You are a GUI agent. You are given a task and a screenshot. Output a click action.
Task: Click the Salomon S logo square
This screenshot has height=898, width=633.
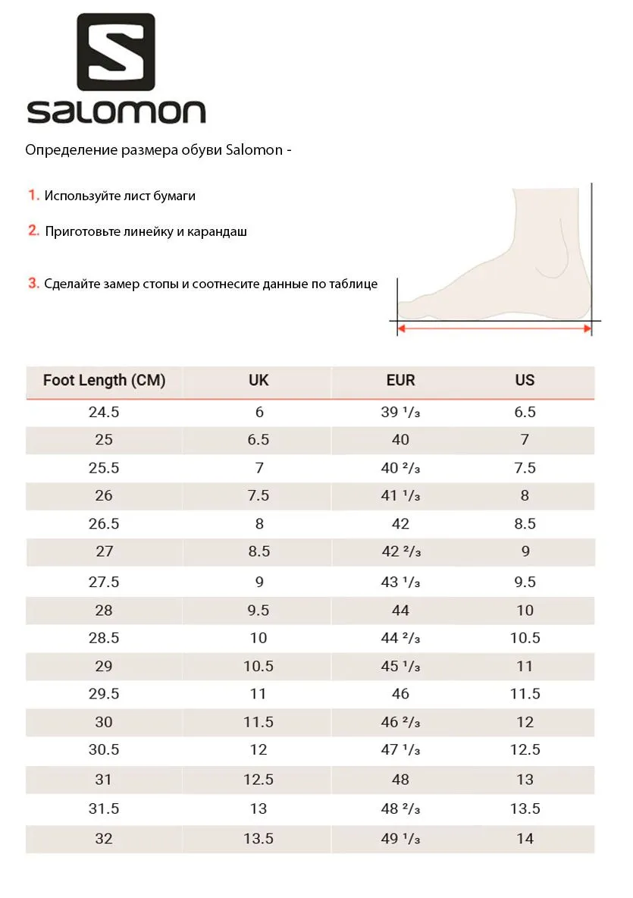[x=116, y=52]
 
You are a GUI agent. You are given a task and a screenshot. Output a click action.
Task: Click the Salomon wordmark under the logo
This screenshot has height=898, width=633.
[x=116, y=112]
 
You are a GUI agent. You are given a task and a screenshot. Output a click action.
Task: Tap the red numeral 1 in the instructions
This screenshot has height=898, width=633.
[x=34, y=195]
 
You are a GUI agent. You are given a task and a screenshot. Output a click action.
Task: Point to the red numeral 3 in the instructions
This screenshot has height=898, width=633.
[x=34, y=283]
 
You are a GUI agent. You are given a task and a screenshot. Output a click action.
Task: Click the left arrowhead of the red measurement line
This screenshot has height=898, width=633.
[x=402, y=328]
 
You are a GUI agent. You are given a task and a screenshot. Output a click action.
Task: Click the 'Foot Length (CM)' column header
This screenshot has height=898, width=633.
[x=104, y=380]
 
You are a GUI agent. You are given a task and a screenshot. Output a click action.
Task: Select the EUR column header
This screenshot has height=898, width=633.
[x=400, y=380]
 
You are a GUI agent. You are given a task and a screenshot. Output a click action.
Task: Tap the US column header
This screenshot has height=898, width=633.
[x=525, y=380]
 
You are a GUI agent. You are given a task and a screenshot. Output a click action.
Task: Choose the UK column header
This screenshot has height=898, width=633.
[x=259, y=380]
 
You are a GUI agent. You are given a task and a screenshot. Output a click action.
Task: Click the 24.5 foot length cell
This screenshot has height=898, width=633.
[x=104, y=412]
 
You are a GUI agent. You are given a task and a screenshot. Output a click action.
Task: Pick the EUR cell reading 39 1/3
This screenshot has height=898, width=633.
[x=400, y=413]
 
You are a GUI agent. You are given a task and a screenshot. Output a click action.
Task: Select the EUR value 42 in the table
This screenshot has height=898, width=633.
[x=400, y=523]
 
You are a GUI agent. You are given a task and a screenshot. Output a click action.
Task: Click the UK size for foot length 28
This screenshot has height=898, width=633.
[x=259, y=610]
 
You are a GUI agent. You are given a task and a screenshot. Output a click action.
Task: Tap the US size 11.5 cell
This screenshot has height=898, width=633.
[x=525, y=693]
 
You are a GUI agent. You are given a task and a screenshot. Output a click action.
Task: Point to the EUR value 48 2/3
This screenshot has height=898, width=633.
[x=400, y=809]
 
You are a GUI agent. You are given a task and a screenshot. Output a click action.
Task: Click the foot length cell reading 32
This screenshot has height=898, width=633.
[x=104, y=838]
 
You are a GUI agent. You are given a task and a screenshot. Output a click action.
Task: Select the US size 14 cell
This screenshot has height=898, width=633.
[x=525, y=838]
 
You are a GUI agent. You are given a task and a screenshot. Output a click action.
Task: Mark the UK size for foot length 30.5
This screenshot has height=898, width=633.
[x=259, y=749]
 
